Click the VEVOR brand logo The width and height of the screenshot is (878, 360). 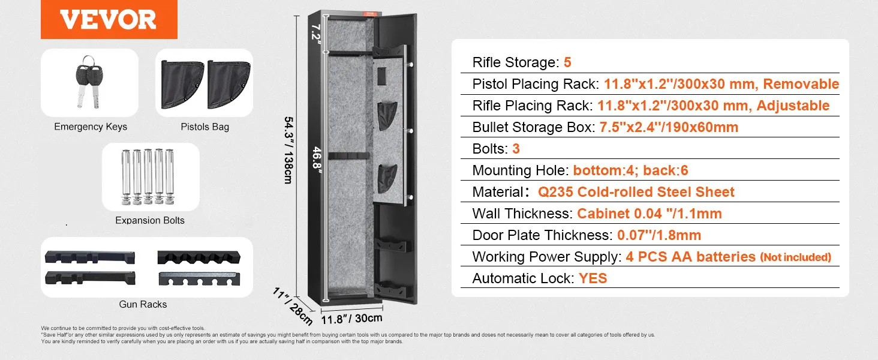(108, 19)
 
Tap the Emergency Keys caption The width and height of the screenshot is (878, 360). (91, 127)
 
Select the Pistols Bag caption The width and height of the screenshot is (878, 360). (205, 127)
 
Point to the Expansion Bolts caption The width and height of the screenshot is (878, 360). (150, 220)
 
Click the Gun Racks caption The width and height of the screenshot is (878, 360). (143, 304)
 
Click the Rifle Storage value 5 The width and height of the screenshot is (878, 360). (567, 62)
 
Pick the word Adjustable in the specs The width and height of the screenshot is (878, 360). (793, 106)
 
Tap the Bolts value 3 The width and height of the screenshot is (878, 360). (516, 149)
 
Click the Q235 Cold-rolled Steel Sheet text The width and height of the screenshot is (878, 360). (636, 192)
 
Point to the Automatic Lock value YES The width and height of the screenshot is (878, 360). (593, 278)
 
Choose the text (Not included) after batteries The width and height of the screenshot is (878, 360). (795, 257)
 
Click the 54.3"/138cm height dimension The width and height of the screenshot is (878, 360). (287, 150)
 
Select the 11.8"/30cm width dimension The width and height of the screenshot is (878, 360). (351, 319)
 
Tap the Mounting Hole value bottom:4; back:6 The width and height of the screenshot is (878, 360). (630, 170)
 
